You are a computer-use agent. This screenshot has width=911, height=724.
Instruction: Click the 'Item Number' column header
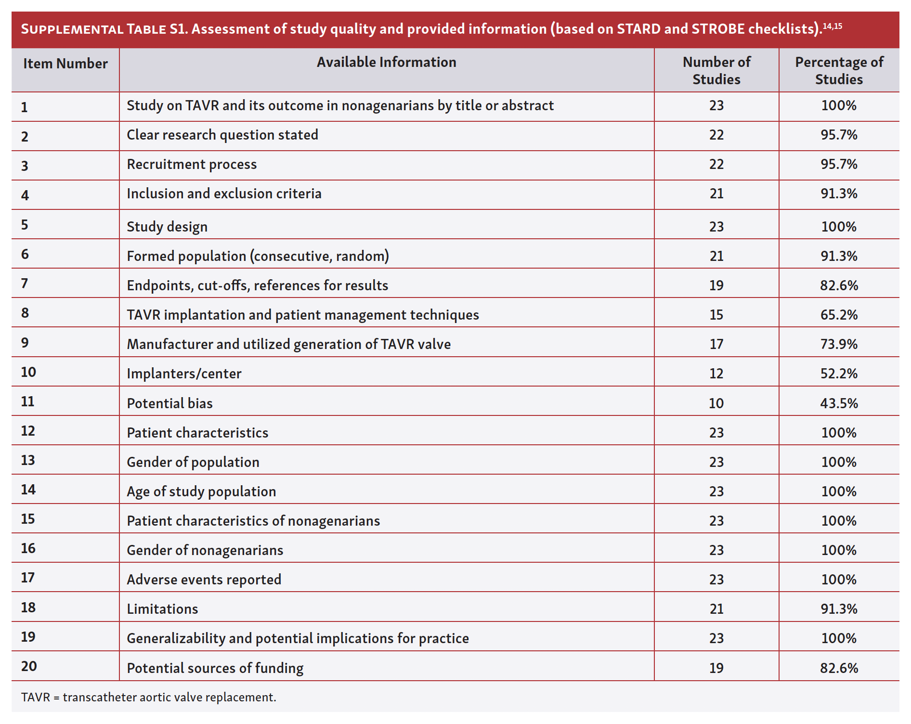pyautogui.click(x=65, y=64)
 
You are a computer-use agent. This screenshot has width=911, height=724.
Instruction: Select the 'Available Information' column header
pyautogui.click(x=386, y=62)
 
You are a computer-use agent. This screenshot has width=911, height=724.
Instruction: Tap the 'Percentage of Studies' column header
pyautogui.click(x=839, y=70)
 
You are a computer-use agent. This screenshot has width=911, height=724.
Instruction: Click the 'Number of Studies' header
pyautogui.click(x=716, y=70)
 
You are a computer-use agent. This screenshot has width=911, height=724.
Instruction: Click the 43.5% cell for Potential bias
pyautogui.click(x=839, y=403)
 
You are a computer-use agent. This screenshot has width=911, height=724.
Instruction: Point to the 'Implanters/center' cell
pyautogui.click(x=184, y=374)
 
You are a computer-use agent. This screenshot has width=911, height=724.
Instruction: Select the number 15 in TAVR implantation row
pyautogui.click(x=716, y=315)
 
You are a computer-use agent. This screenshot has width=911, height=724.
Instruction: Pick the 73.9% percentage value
pyautogui.click(x=839, y=344)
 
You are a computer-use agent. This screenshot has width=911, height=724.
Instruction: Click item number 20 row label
pyautogui.click(x=29, y=666)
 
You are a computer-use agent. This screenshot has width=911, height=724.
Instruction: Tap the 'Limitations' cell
pyautogui.click(x=162, y=609)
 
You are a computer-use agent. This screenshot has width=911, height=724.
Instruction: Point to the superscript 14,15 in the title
pyautogui.click(x=833, y=26)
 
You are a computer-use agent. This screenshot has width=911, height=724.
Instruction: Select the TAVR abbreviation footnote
pyautogui.click(x=148, y=697)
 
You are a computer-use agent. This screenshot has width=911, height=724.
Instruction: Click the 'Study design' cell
pyautogui.click(x=167, y=227)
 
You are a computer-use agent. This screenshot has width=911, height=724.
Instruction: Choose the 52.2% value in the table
pyautogui.click(x=839, y=374)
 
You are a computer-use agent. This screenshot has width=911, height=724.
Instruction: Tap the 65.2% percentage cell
pyautogui.click(x=839, y=315)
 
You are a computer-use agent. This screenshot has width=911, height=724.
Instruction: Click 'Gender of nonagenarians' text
pyautogui.click(x=205, y=550)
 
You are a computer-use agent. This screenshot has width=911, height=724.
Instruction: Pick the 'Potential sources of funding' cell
pyautogui.click(x=215, y=668)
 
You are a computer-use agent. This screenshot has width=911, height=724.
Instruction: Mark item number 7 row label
pyautogui.click(x=25, y=284)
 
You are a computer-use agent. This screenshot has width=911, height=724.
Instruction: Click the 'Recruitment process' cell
pyautogui.click(x=192, y=164)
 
